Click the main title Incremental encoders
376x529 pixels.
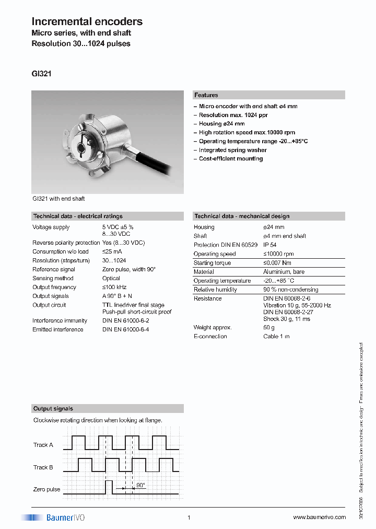click(87, 21)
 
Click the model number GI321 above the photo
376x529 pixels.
click(41, 74)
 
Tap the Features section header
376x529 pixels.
click(206, 95)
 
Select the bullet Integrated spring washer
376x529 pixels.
click(232, 150)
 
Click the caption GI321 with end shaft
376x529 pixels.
click(58, 199)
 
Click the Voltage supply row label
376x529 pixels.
click(51, 227)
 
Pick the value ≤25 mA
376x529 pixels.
click(113, 251)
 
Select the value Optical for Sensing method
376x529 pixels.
click(111, 278)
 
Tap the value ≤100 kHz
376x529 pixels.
click(114, 287)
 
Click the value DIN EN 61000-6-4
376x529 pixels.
click(125, 329)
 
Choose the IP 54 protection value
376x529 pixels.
click(270, 245)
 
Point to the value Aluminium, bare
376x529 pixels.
click(284, 272)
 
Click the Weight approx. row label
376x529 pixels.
click(212, 327)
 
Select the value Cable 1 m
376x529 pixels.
click(276, 336)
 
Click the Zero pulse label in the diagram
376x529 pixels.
click(46, 489)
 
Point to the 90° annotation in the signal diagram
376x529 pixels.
click(140, 485)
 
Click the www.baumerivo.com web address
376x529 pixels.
click(319, 517)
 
